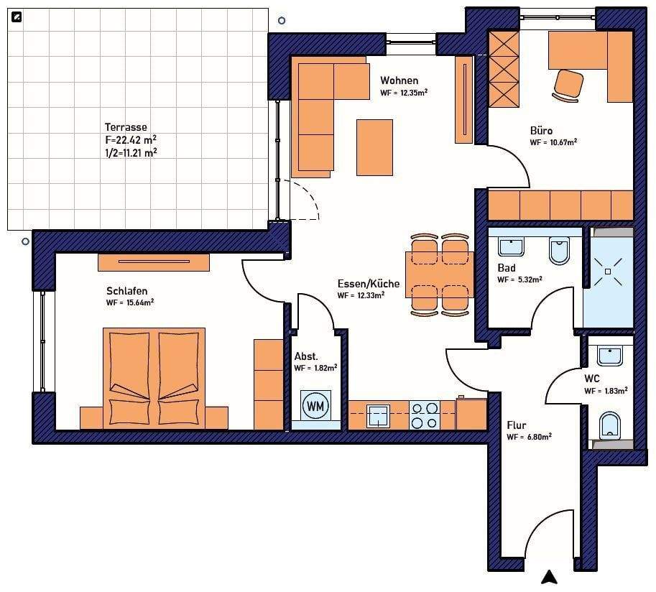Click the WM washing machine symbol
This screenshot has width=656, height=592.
click(x=315, y=405)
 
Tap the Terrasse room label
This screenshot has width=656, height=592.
click(x=126, y=126)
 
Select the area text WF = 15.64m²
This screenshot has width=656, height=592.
click(x=130, y=302)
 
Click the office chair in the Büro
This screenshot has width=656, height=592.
click(x=568, y=85)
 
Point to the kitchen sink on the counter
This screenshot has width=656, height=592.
click(x=378, y=416)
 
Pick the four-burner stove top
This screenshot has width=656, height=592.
click(x=424, y=415)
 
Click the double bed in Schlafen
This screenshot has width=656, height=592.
click(x=154, y=378)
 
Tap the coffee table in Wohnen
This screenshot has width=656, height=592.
click(x=374, y=147)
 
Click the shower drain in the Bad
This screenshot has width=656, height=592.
click(x=608, y=272)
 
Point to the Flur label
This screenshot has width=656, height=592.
click(x=517, y=425)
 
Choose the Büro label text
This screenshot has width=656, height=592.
click(x=541, y=131)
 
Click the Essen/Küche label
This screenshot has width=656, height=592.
click(x=368, y=284)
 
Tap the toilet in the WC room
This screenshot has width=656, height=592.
click(x=609, y=426)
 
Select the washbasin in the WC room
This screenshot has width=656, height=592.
click(x=609, y=356)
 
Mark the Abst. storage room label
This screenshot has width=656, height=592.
click(x=306, y=356)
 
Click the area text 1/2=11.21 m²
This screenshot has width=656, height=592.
click(x=131, y=153)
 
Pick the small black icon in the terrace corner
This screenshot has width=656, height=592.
click(x=17, y=17)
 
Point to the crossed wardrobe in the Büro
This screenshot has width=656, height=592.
click(x=504, y=69)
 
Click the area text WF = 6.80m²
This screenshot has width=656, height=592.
click(x=530, y=438)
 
